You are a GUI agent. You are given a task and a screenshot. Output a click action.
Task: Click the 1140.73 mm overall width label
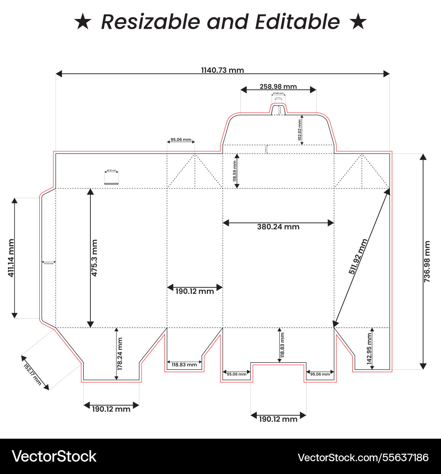pyautogui.click(x=222, y=70)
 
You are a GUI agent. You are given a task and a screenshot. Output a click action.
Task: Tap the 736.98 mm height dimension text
pyautogui.click(x=427, y=261)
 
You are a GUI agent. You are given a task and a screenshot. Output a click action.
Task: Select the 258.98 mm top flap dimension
pyautogui.click(x=278, y=87)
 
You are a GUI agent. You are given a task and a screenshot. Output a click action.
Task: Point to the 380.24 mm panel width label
pyautogui.click(x=278, y=227)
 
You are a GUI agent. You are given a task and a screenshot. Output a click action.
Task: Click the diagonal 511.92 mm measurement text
pyautogui.click(x=358, y=257)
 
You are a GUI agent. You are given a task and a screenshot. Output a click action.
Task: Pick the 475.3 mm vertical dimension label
pyautogui.click(x=94, y=258)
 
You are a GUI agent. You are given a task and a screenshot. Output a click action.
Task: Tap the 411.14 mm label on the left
pyautogui.click(x=11, y=258)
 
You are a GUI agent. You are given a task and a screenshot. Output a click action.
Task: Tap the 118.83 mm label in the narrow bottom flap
pyautogui.click(x=184, y=365)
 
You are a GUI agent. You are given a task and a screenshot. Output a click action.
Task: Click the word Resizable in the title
pyautogui.click(x=148, y=22)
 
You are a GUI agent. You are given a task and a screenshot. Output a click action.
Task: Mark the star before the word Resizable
pyautogui.click(x=82, y=22)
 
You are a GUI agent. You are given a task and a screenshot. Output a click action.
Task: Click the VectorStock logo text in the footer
pyautogui.click(x=54, y=456)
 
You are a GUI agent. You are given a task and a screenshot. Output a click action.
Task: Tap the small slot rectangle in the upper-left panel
pyautogui.click(x=111, y=179)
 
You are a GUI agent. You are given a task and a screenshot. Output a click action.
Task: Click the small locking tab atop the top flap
pyautogui.click(x=277, y=109)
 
